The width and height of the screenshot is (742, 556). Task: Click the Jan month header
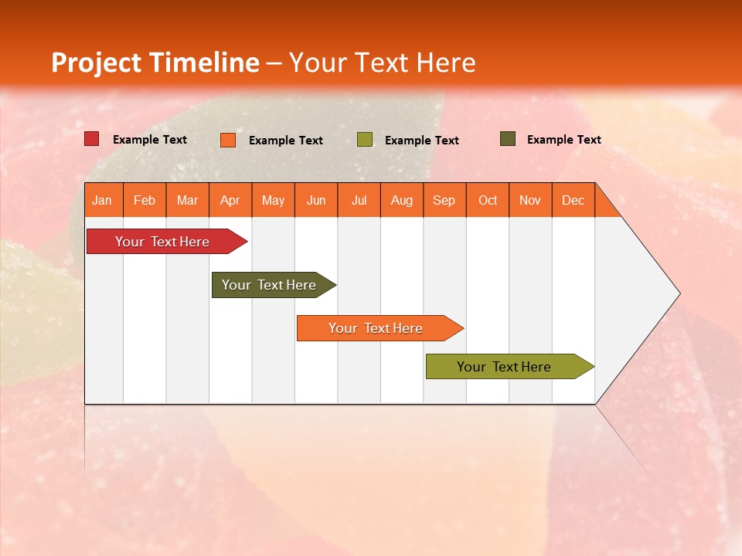[x=103, y=200]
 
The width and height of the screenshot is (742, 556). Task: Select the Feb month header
[x=145, y=200]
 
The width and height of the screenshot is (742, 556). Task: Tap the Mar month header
[x=187, y=200]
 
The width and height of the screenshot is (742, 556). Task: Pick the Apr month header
[x=230, y=200]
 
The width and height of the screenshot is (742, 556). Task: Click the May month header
[x=273, y=200]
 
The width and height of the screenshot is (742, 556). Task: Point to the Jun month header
[x=316, y=200]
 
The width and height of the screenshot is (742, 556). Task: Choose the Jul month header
[x=359, y=200]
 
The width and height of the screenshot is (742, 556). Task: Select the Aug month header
[x=402, y=200]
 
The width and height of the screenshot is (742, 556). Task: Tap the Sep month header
[x=444, y=200]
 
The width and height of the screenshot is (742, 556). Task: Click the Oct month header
[x=488, y=200]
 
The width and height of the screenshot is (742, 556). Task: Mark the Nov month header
[x=530, y=200]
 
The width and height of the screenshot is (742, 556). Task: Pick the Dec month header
[x=574, y=200]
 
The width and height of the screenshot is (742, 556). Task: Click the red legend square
[x=92, y=139]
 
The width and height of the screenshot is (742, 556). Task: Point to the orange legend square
[x=228, y=140]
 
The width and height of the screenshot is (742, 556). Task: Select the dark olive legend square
[x=507, y=139]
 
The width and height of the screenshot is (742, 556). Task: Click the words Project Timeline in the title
[x=155, y=63]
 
